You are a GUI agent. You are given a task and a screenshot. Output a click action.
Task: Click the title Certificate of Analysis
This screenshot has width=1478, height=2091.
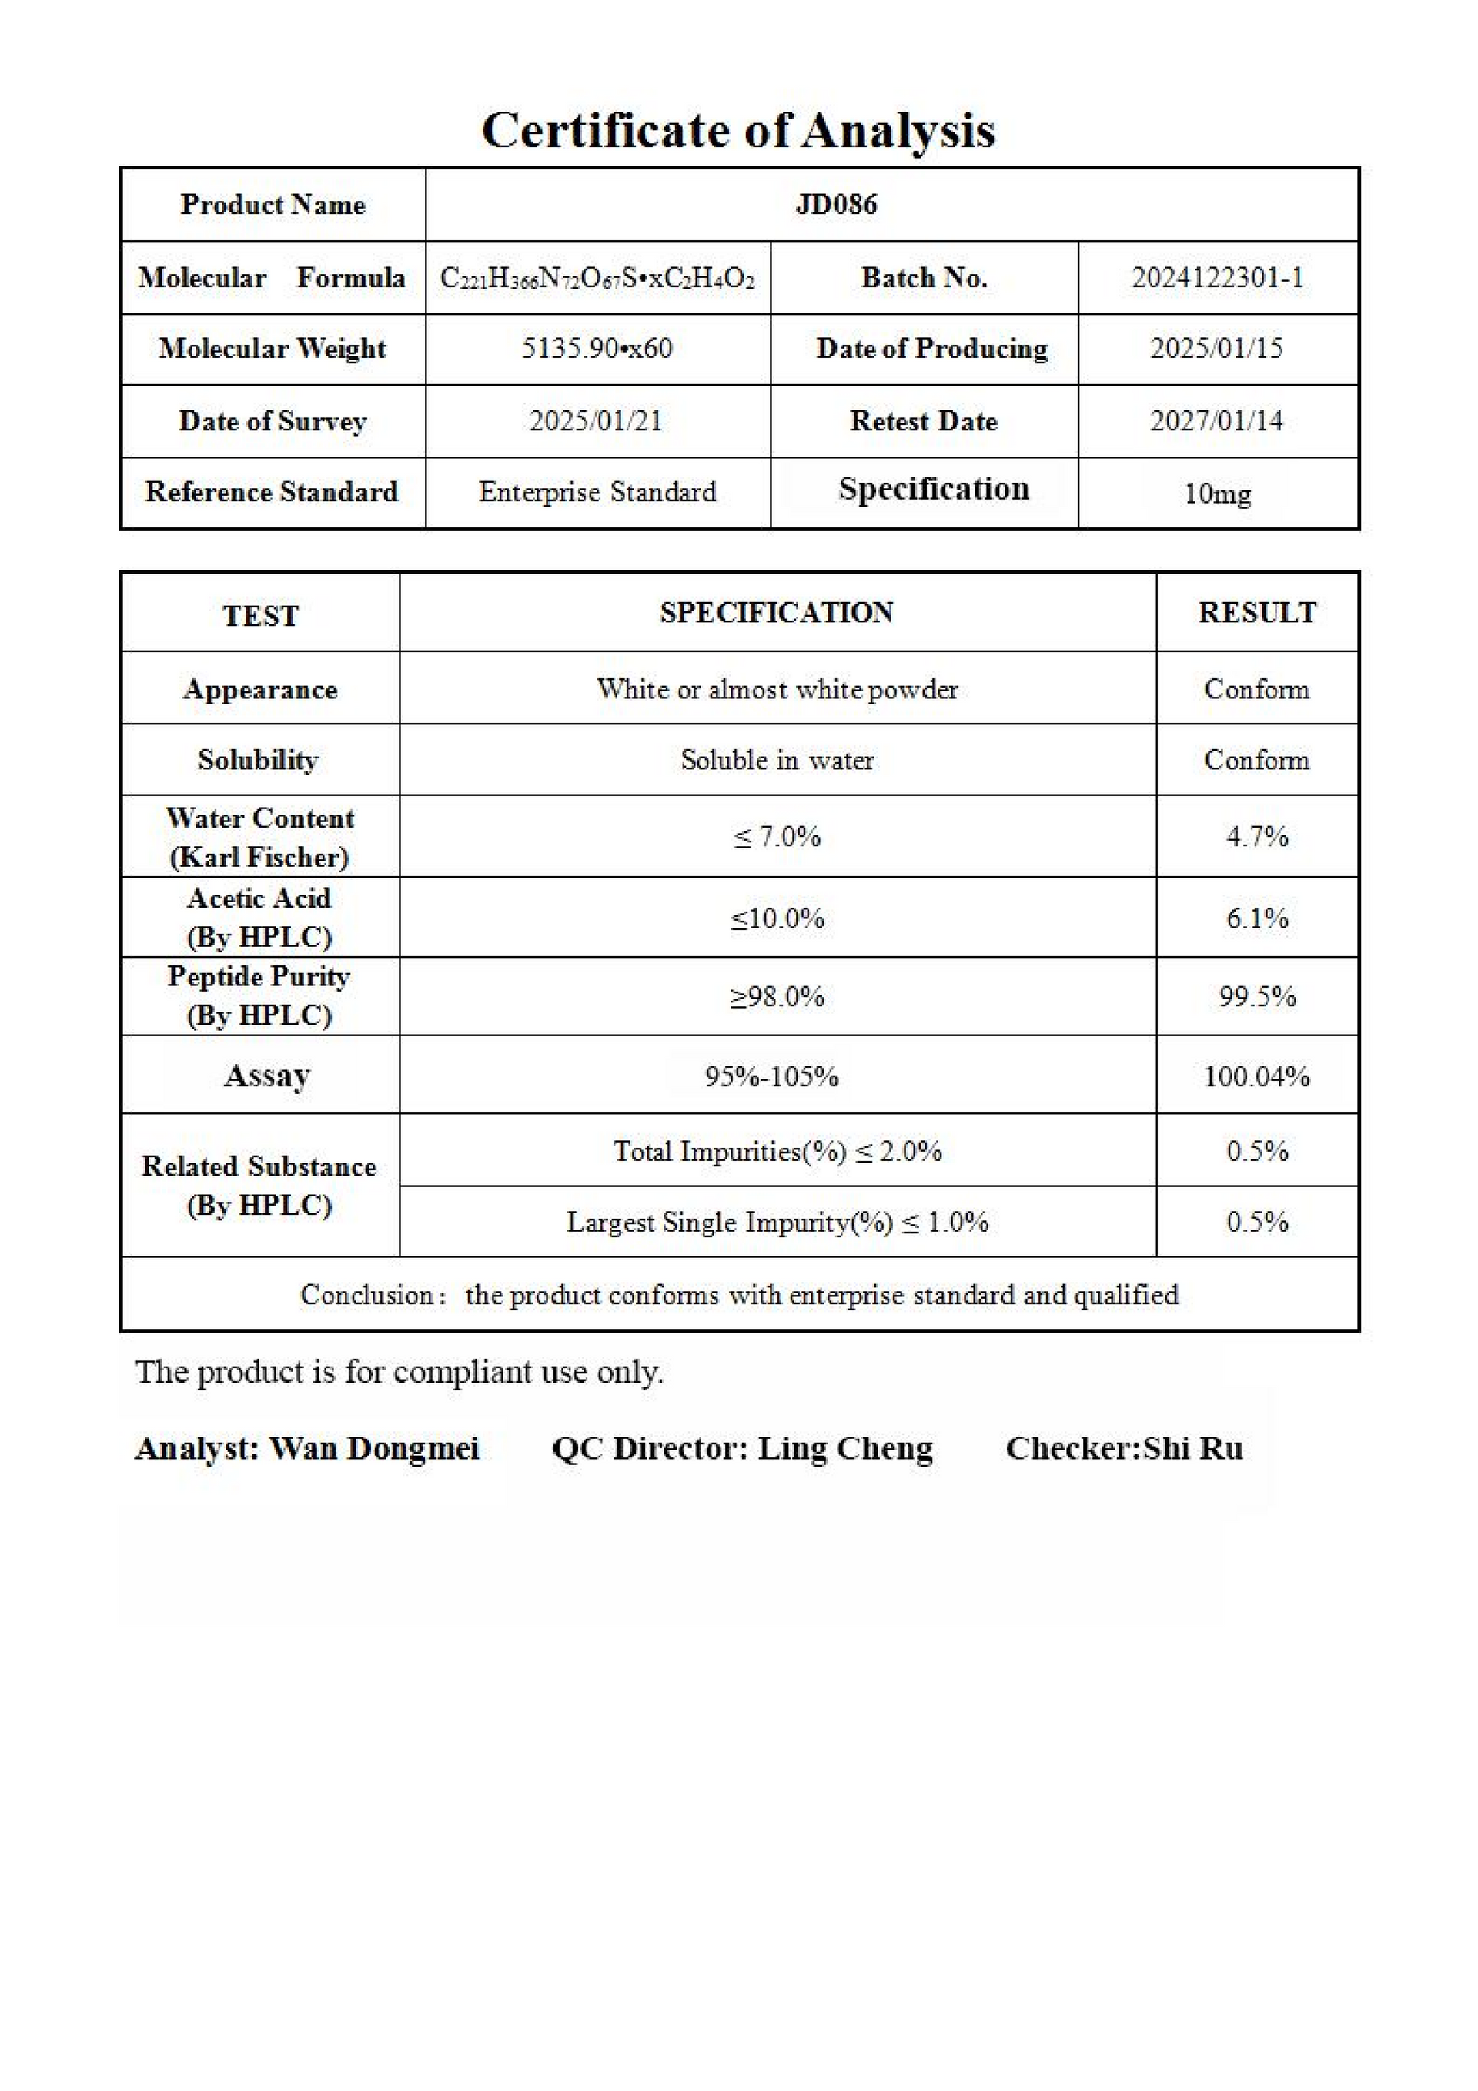coord(737,130)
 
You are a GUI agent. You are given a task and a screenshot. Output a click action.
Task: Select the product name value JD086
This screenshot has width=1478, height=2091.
coord(836,204)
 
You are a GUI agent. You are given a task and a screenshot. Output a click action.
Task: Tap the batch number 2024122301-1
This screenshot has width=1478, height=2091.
coord(1218,278)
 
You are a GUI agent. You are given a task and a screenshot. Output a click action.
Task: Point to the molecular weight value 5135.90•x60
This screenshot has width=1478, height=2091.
coord(597,349)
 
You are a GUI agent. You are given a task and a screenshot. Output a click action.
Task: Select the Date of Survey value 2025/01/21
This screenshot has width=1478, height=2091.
coord(597,421)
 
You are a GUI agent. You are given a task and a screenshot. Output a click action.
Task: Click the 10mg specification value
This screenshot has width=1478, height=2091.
coord(1218,493)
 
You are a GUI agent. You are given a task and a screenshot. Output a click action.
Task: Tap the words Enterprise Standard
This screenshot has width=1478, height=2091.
coord(597,493)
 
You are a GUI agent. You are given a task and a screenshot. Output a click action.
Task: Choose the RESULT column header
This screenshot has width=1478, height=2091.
coord(1257,613)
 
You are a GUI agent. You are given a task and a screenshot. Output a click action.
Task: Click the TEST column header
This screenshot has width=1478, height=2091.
coord(260,617)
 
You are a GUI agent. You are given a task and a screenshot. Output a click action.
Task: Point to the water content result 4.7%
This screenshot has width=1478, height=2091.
coord(1257,836)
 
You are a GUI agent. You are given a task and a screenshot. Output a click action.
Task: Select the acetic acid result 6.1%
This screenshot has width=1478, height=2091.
coord(1257,918)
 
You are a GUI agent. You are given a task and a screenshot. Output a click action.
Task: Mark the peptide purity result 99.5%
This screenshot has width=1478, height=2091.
coord(1257,996)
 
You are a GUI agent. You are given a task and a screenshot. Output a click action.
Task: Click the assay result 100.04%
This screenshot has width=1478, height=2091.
coord(1257,1076)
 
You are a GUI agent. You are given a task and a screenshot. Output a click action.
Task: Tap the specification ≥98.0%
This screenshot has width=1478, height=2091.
coord(777,996)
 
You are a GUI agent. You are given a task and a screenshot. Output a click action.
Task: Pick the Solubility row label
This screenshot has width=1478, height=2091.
coord(259,761)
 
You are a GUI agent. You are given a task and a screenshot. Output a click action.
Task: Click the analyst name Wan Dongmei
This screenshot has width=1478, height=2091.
coord(374,1449)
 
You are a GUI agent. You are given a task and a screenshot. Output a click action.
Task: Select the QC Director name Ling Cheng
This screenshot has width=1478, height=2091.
coord(845,1449)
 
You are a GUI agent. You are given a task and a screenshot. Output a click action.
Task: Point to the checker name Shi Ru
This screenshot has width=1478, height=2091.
coord(1193,1449)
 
